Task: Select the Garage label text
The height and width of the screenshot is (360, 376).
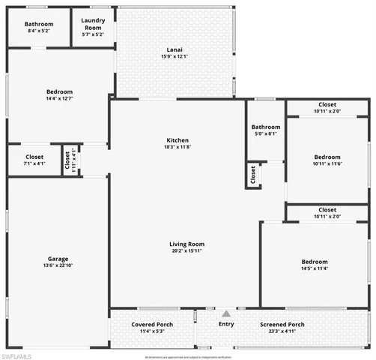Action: pyautogui.click(x=58, y=259)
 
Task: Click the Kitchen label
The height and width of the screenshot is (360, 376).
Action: pyautogui.click(x=178, y=140)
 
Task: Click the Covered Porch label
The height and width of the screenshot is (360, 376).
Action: pyautogui.click(x=153, y=325)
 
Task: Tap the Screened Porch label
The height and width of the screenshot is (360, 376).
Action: pyautogui.click(x=288, y=325)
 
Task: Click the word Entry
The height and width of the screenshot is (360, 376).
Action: pyautogui.click(x=226, y=324)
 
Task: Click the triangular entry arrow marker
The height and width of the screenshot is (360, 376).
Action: pyautogui.click(x=226, y=313)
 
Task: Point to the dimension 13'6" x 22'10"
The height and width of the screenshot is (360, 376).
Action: pyautogui.click(x=58, y=265)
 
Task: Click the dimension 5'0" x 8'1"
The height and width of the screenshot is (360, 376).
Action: pyautogui.click(x=266, y=133)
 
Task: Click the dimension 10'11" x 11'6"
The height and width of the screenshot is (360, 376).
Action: pyautogui.click(x=327, y=164)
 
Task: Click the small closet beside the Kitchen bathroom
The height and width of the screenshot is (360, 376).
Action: pyautogui.click(x=253, y=174)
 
